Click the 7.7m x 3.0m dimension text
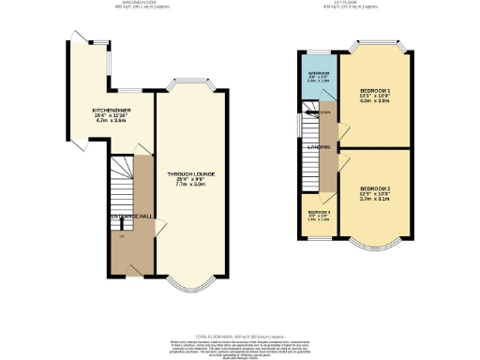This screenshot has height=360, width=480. click(x=188, y=185)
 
